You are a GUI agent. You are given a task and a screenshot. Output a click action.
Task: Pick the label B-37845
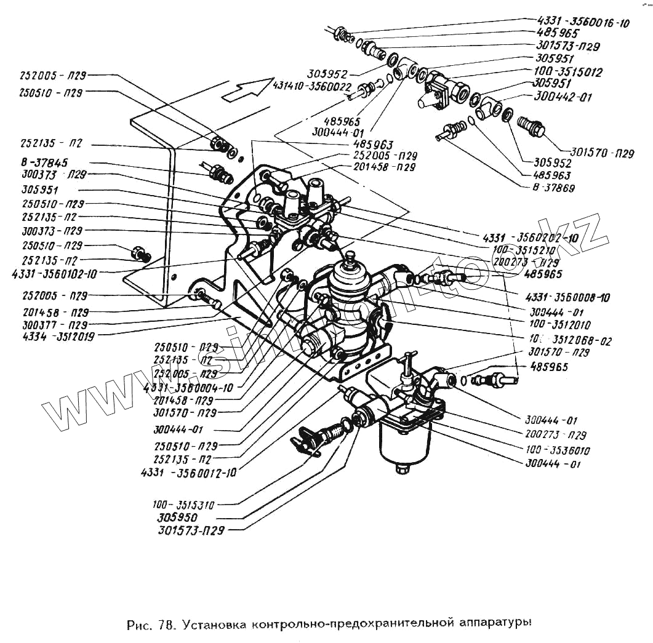pos(38,163)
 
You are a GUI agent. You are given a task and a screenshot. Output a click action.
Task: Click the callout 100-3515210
pos(525,249)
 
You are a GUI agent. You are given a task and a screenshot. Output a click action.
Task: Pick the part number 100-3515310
pos(183,505)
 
